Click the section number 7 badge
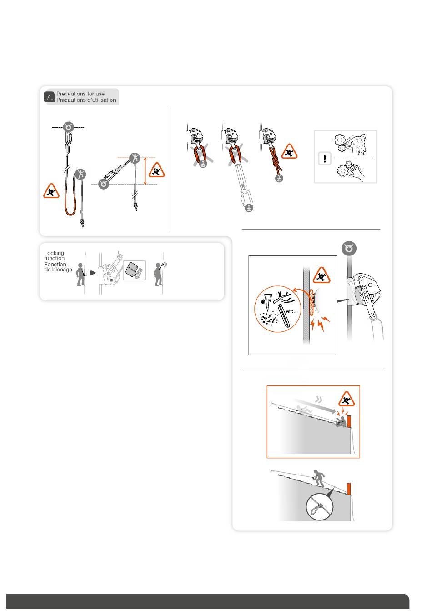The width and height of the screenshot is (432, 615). pos(48,97)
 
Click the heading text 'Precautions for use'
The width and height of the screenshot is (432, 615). pos(80,94)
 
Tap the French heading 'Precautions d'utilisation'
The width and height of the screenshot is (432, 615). pos(86,100)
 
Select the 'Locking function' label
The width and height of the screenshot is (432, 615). pos(55,255)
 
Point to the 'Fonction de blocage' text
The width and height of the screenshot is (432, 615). pos(58,267)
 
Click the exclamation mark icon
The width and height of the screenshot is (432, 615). pos(325,159)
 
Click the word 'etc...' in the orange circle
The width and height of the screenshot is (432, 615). pos(291,311)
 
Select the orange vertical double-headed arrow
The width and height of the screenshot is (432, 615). pos(145,171)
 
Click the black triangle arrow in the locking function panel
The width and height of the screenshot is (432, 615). pos(93,273)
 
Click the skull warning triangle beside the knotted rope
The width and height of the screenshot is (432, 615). pos(289,151)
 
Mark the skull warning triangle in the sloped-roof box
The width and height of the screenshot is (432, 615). pos(347,399)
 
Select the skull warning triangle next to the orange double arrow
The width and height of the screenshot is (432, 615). pos(156,170)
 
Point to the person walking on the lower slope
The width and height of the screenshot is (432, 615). pos(319,478)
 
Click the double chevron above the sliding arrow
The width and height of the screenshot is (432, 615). pos(318,399)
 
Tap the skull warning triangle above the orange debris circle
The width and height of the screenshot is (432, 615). pos(321,275)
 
